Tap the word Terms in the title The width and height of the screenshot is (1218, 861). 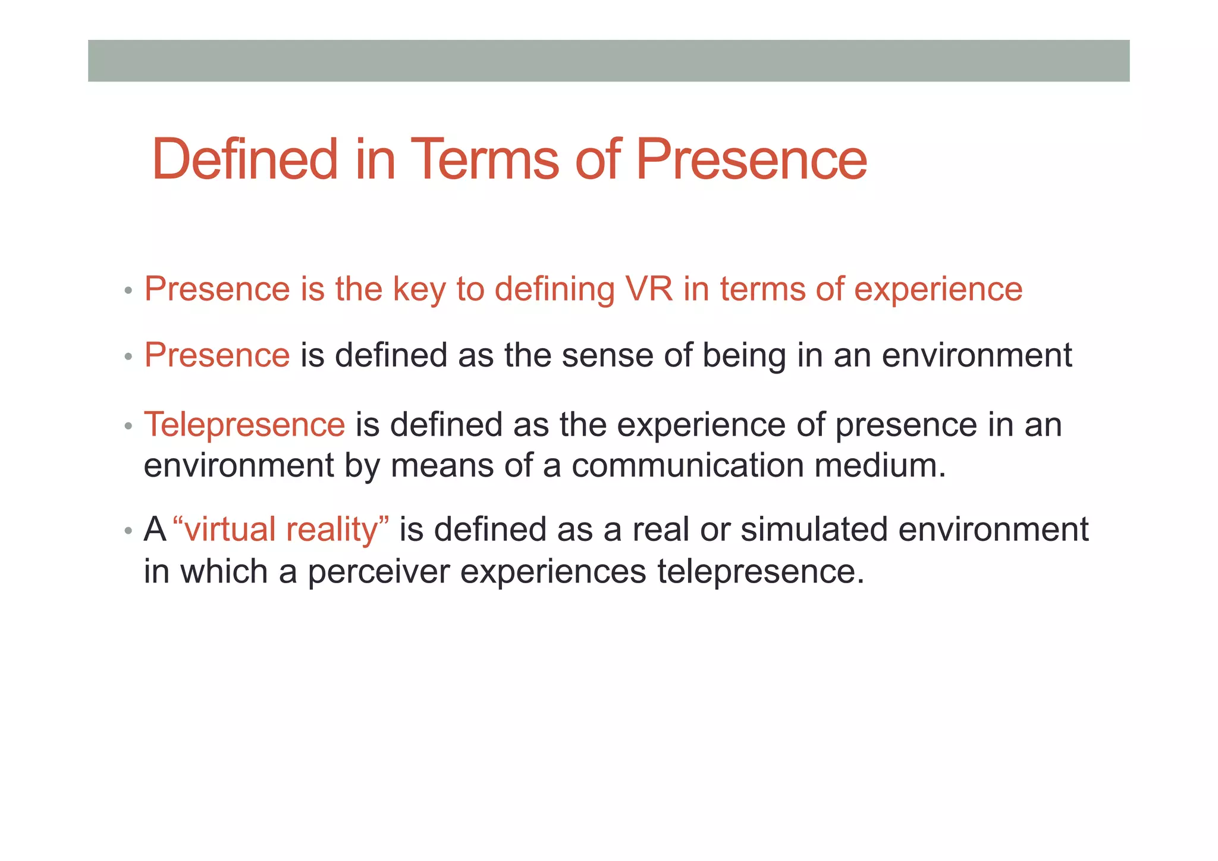tap(484, 159)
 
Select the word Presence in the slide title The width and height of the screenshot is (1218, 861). tap(751, 159)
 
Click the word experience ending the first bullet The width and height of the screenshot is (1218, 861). tap(938, 290)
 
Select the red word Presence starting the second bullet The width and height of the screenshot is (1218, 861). tap(217, 355)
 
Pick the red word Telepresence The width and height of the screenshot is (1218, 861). tap(244, 425)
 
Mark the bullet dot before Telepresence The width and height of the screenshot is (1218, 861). tap(128, 427)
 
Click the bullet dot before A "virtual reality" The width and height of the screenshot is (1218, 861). tap(128, 531)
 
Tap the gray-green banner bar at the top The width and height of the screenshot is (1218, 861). tap(608, 61)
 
